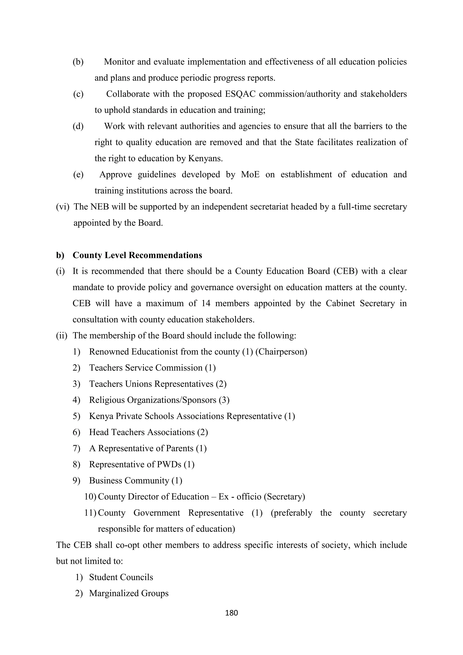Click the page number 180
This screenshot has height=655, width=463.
pos(231,613)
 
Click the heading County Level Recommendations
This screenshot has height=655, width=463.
pos(137,255)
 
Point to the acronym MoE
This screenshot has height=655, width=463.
pos(250,174)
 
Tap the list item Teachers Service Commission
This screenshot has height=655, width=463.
pos(152,368)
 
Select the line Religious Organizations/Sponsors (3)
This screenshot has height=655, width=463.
pos(159,400)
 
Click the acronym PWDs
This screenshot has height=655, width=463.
pos(169,464)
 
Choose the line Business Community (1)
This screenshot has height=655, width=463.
pos(135,480)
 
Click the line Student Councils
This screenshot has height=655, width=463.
pos(121,577)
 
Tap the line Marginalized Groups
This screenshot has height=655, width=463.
pos(129,593)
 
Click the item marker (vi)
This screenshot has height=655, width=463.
pos(62,207)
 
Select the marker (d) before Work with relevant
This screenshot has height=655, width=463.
pos(78,126)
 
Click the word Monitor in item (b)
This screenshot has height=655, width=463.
pos(119,62)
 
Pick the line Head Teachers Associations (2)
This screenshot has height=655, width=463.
pos(148,432)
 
